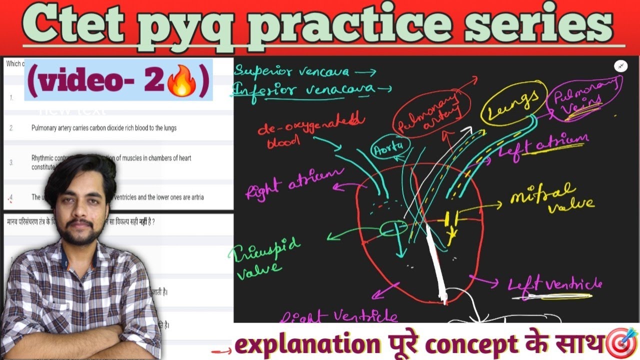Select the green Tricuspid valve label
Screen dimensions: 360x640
click(265, 257)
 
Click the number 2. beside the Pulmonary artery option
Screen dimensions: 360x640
click(11, 128)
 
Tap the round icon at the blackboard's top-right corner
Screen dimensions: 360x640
click(620, 66)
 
